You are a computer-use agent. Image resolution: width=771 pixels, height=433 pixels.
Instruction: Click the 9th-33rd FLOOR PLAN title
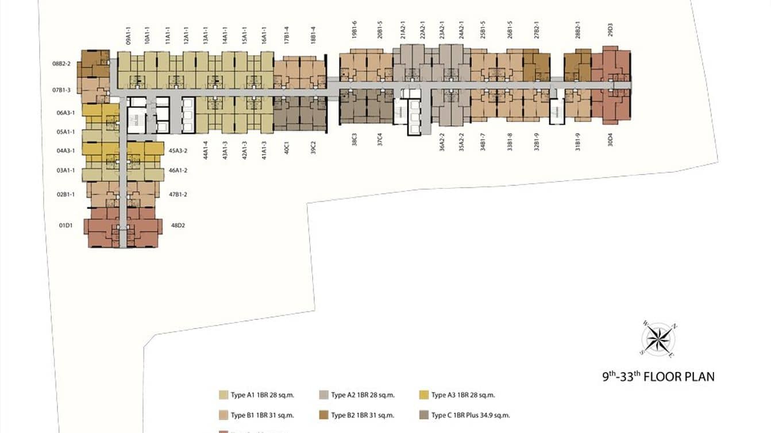click(658, 377)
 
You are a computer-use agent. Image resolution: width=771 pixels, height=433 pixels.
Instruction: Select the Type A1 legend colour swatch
click(223, 395)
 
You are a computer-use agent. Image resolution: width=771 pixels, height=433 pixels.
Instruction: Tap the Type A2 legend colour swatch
click(323, 395)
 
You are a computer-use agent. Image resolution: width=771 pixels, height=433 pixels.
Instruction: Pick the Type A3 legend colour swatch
click(424, 395)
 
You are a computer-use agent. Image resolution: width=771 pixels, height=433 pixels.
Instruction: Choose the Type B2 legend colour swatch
click(323, 415)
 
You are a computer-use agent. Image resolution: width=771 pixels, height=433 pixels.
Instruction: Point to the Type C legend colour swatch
click(424, 415)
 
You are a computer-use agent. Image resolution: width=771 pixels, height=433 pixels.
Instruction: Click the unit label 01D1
click(65, 225)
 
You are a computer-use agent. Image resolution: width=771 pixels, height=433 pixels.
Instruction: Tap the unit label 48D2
click(178, 225)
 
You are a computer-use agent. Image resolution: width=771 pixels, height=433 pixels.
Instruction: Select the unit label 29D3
click(610, 30)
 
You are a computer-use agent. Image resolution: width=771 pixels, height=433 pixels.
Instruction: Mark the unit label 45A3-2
click(178, 151)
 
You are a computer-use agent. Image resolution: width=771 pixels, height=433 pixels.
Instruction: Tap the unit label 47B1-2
click(178, 195)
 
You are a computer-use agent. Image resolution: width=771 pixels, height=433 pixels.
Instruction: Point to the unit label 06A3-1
click(66, 113)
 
